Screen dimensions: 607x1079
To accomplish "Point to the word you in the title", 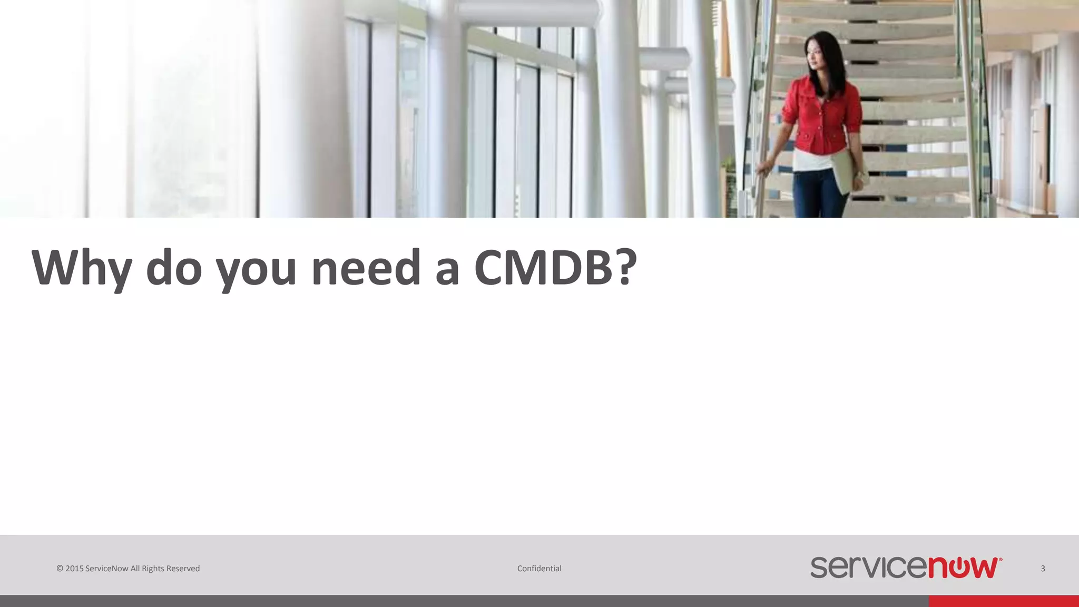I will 256,270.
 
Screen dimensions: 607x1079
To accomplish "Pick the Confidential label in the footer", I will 539,569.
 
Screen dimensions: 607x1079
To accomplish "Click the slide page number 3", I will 1043,569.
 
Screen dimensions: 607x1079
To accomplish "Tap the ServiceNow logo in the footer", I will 906,567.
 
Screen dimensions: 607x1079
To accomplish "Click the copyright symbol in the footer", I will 60,569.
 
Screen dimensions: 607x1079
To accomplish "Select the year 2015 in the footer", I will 74,569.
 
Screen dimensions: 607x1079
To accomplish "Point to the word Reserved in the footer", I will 183,569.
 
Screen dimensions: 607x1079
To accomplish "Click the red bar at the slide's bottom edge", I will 1003,601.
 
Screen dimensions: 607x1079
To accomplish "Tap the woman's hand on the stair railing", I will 762,169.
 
